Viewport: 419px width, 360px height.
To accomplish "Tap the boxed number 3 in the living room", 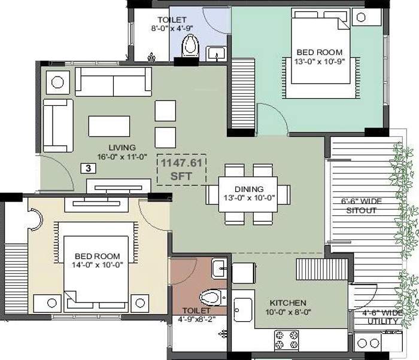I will pyautogui.click(x=88, y=169).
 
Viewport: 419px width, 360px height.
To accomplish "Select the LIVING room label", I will pyautogui.click(x=122, y=147).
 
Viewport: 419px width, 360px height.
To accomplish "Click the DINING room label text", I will pyautogui.click(x=250, y=190).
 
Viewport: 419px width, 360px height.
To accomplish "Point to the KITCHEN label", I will pyautogui.click(x=287, y=303).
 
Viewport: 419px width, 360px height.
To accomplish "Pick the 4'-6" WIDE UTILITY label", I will pyautogui.click(x=381, y=317).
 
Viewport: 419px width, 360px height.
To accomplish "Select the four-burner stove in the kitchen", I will pyautogui.click(x=287, y=340).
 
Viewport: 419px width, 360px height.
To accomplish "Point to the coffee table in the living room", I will pyautogui.click(x=109, y=126).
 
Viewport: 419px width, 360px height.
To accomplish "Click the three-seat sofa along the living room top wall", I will pyautogui.click(x=113, y=81).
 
